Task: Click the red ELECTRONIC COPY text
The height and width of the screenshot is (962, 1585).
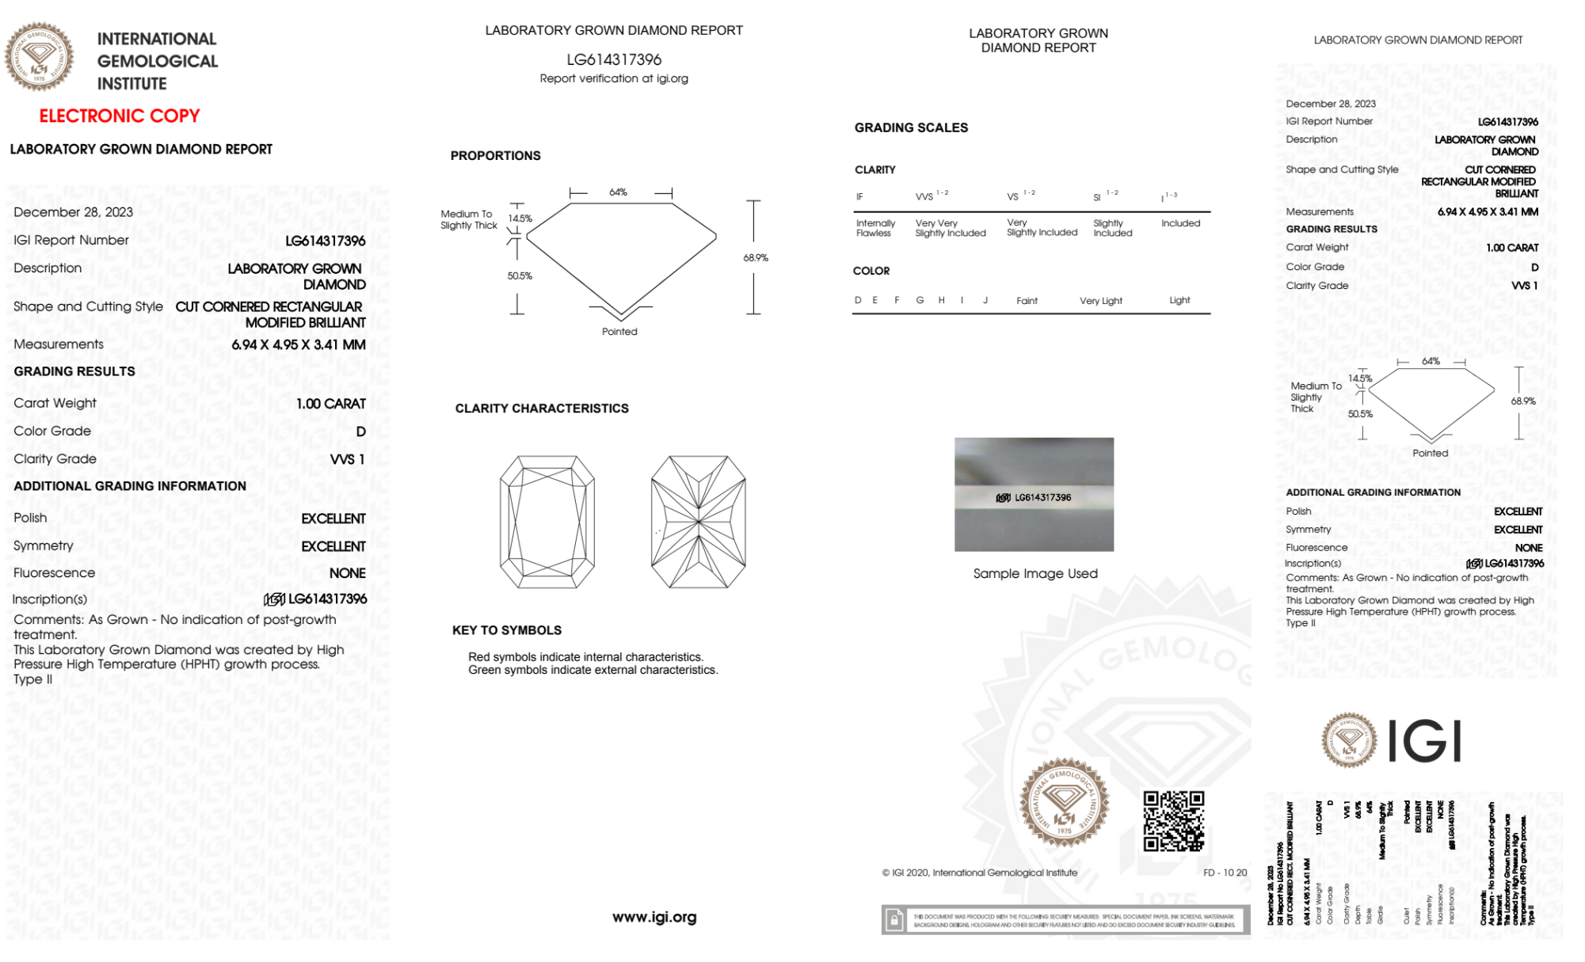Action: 120,116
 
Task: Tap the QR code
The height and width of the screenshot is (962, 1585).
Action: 1173,821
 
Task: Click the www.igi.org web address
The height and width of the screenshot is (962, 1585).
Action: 654,917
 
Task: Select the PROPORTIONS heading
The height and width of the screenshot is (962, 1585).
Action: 495,156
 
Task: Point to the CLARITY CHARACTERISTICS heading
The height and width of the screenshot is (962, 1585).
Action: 542,409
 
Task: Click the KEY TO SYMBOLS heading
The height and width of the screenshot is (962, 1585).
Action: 507,630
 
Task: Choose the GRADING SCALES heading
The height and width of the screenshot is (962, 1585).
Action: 911,127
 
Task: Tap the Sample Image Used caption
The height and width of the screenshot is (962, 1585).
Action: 1035,573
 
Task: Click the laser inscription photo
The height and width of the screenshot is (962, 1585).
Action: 1034,494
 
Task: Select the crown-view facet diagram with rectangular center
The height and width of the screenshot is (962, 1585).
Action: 547,522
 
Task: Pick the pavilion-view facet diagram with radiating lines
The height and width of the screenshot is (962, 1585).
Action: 698,522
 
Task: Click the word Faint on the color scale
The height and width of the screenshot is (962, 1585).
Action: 1027,301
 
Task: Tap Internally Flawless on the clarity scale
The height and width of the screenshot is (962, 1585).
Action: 875,228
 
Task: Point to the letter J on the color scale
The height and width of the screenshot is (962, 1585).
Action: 985,300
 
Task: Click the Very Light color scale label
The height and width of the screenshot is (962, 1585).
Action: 1101,301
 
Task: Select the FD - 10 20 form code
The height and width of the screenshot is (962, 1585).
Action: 1225,873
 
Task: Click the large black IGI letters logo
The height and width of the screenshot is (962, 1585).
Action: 1426,742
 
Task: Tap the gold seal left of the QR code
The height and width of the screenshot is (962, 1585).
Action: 1064,803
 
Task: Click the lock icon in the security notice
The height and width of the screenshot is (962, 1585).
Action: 894,920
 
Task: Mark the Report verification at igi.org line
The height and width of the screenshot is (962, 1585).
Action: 614,78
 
